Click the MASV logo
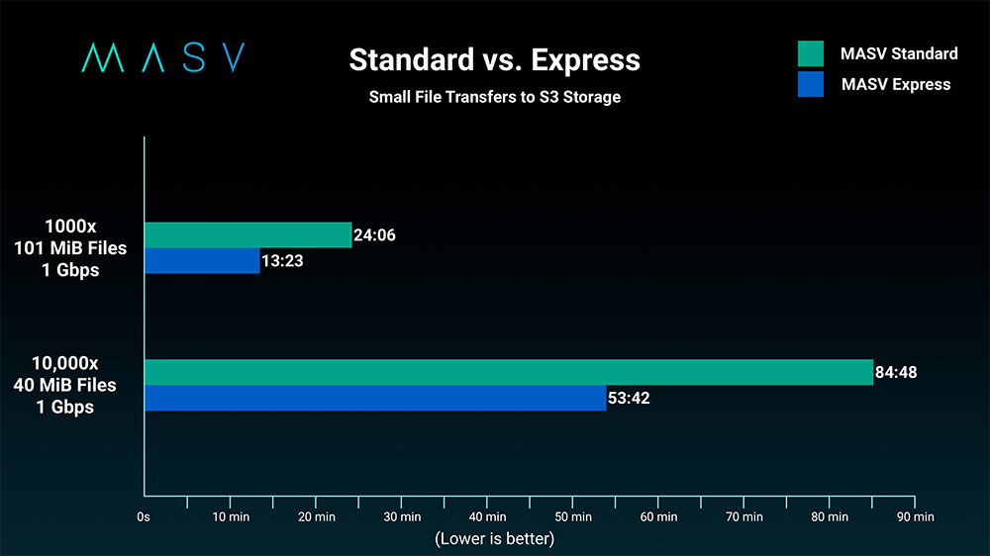click(162, 58)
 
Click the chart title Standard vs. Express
click(494, 60)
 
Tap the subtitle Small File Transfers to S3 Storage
click(494, 97)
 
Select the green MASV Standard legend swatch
click(811, 53)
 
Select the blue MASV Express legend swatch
click(811, 84)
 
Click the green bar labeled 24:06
click(247, 234)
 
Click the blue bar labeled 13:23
click(202, 260)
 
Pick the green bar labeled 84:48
click(509, 372)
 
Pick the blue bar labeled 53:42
click(375, 398)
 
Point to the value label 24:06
click(375, 235)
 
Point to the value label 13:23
click(282, 261)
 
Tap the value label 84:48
click(897, 373)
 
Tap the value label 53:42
click(629, 399)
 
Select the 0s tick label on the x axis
click(144, 516)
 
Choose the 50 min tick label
click(572, 516)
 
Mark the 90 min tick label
click(915, 516)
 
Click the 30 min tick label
click(401, 516)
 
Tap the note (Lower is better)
click(494, 538)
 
